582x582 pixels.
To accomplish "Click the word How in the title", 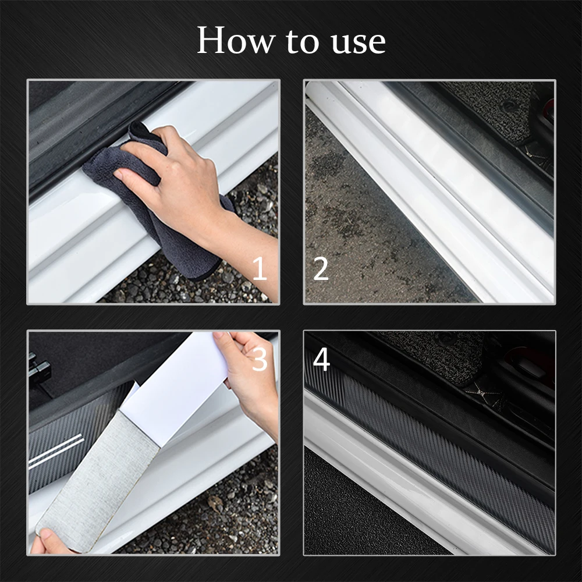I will pos(235,41).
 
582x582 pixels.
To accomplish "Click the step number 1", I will pos(260,269).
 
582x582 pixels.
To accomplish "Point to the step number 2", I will pos(321,269).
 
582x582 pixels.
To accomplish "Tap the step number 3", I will pos(260,360).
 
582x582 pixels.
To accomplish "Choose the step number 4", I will pos(321,360).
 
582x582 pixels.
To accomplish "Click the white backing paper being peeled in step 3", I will pos(175,384).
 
